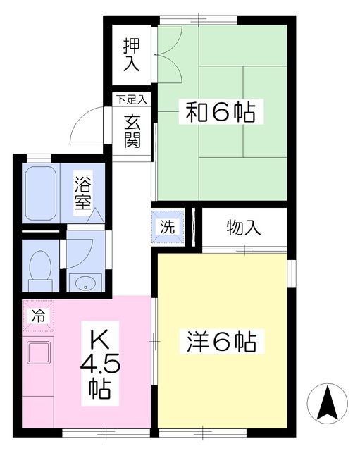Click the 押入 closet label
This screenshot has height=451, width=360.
pos(132,55)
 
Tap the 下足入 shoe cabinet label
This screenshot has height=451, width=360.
pos(132,99)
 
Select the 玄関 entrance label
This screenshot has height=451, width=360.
pos(132,131)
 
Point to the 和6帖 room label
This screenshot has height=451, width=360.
pos(221,111)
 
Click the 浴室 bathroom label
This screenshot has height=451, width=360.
pos(83,193)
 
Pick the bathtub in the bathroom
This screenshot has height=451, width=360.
pos(41,193)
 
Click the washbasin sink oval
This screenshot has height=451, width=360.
pos(85,283)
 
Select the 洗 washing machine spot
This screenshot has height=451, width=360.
pos(168,227)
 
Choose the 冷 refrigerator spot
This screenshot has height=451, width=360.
pos(38,316)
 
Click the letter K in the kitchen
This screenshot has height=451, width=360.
pos(100,340)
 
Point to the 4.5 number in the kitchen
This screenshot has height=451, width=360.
pos(100,365)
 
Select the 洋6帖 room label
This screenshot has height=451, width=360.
pos(221,342)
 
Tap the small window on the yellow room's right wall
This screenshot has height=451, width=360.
pos(292,273)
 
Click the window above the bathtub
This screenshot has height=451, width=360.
pos(39,159)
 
